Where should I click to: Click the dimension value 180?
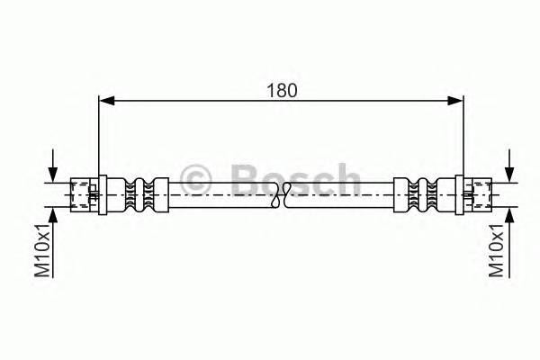281,90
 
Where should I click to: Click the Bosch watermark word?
296,177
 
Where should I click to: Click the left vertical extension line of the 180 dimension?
98,135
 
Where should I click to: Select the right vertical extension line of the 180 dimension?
463,135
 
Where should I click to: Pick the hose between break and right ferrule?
342,193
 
